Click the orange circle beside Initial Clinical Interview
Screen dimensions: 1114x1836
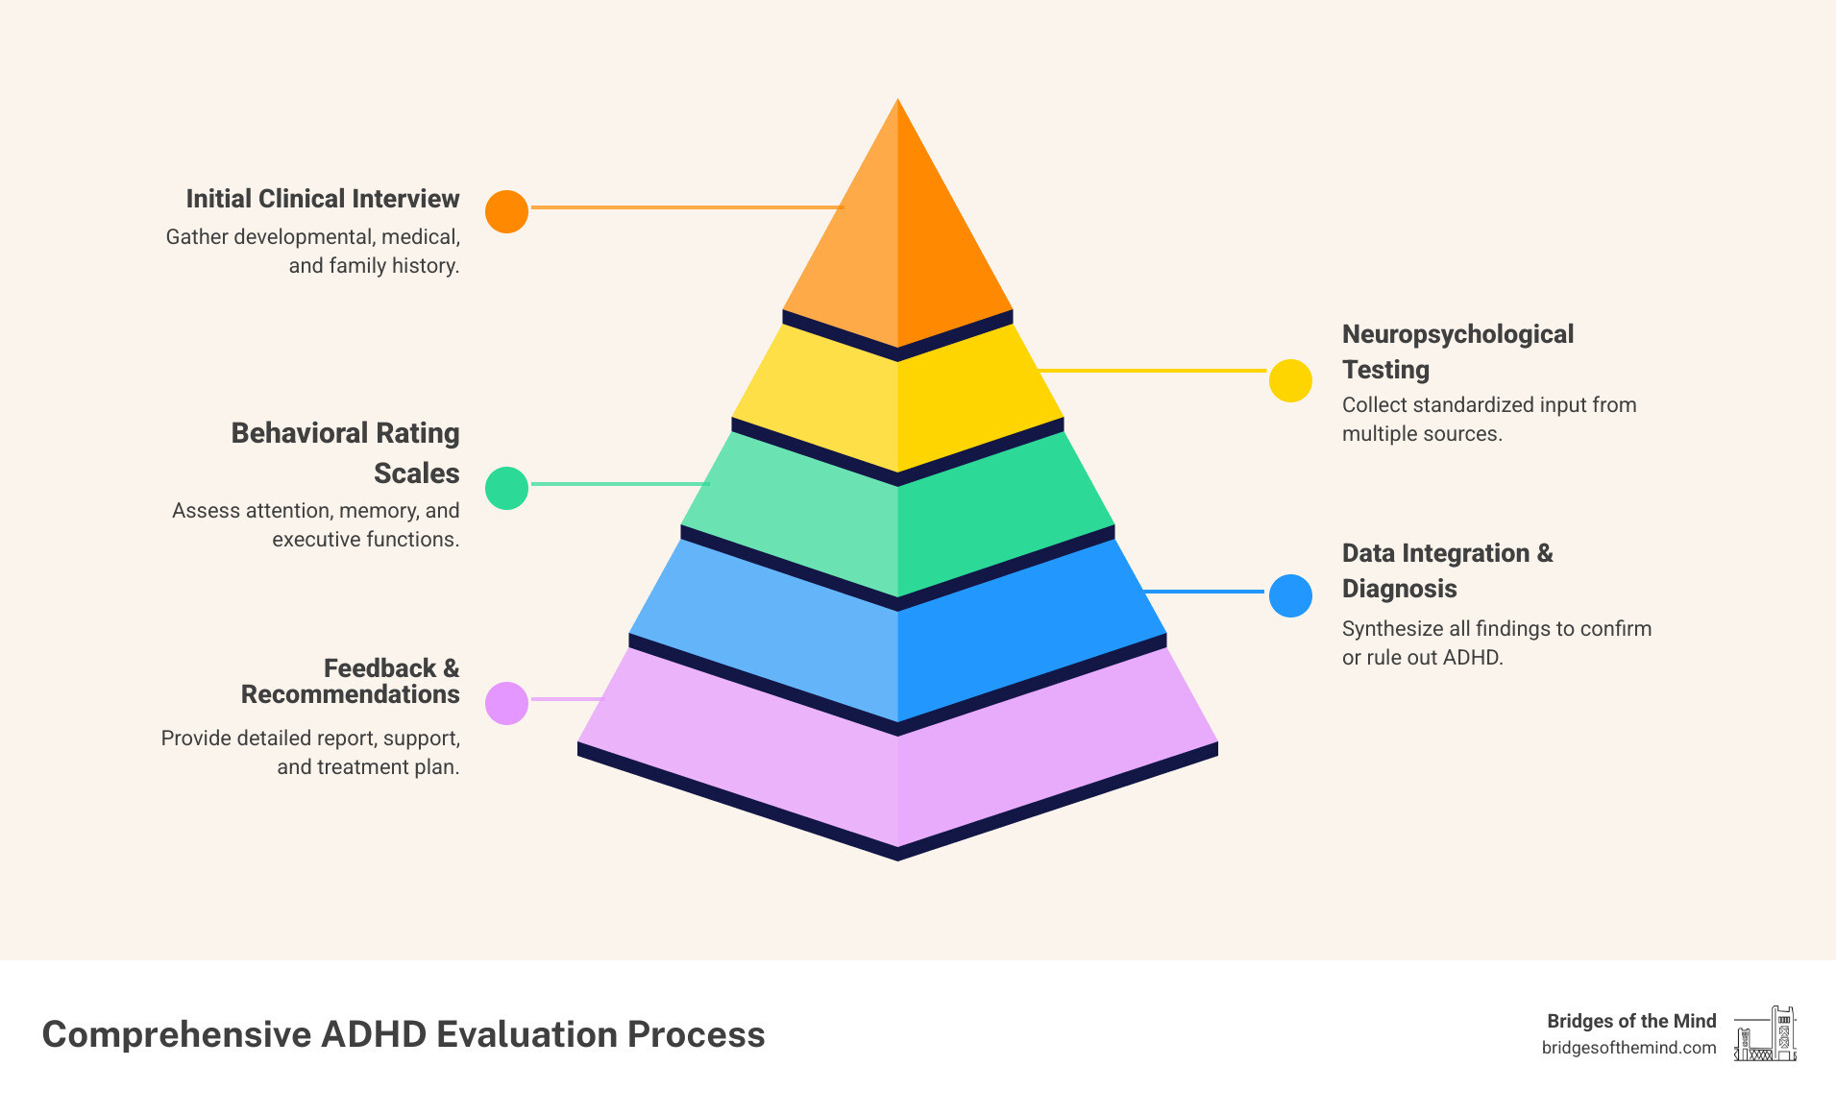pos(506,211)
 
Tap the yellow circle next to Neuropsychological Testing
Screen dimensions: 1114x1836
pos(1290,380)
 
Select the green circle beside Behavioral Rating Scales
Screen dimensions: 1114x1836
pos(506,488)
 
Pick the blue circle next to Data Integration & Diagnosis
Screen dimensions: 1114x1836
pos(1290,595)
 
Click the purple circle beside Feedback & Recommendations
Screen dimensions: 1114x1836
pos(506,703)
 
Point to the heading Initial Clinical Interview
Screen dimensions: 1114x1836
pos(323,199)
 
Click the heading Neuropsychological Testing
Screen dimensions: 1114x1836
pos(1457,351)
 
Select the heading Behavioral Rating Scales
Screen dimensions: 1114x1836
pos(346,452)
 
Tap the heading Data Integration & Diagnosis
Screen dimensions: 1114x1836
pos(1447,570)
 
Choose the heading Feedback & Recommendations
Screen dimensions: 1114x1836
pos(351,681)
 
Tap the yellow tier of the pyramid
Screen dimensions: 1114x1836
pos(897,403)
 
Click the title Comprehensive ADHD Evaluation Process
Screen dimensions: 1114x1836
pos(404,1034)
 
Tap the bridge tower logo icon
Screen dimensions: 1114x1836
pos(1765,1034)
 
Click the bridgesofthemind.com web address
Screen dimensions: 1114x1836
pos(1628,1048)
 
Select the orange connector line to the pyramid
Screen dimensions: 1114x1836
pos(686,207)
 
